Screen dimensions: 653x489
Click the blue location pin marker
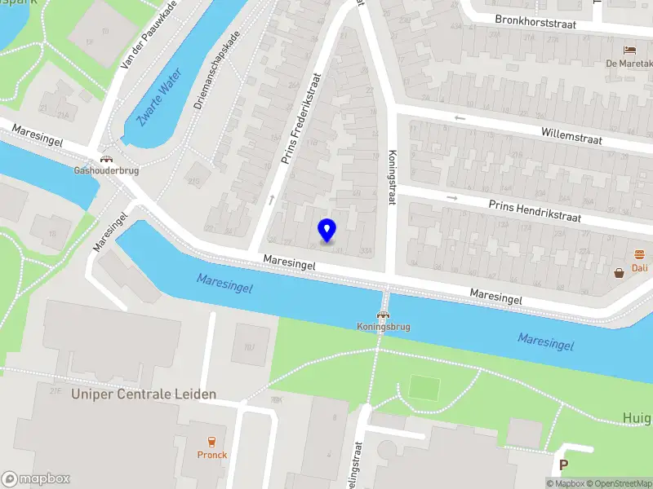point(326,230)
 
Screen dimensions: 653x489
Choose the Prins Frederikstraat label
point(300,119)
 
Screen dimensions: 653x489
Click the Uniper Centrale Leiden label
point(144,394)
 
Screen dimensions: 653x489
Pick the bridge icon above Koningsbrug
point(382,315)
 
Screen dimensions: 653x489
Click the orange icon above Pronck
point(211,443)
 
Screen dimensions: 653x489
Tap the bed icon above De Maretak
point(629,50)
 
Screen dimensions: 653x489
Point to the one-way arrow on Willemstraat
point(460,118)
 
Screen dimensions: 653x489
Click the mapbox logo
point(36,479)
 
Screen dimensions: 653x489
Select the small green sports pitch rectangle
point(424,387)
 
